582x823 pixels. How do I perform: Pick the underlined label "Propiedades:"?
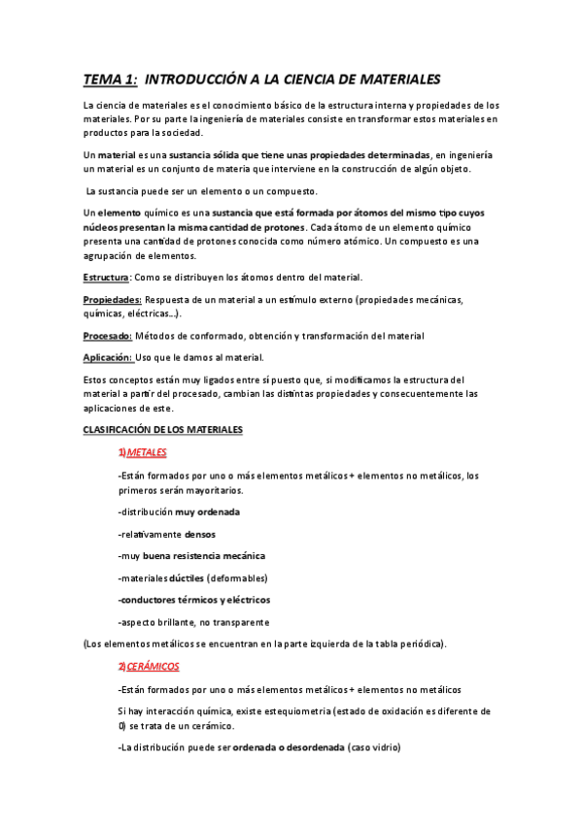point(113,300)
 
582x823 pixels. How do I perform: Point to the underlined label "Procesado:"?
point(108,336)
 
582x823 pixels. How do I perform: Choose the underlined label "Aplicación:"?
point(108,357)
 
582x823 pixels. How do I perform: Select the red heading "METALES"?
point(147,452)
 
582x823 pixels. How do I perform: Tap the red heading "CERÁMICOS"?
point(154,667)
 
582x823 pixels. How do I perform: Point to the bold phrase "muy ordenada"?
point(207,511)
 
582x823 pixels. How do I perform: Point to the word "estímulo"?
point(299,300)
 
